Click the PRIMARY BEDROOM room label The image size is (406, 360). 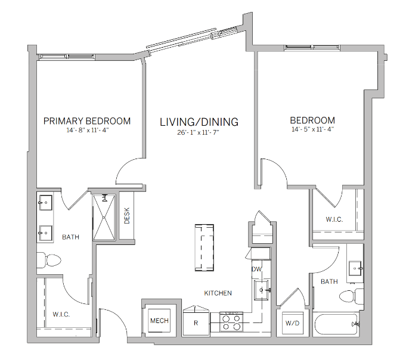pyautogui.click(x=87, y=121)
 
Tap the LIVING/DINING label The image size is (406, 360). pyautogui.click(x=199, y=122)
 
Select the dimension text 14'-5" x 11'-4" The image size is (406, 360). pyautogui.click(x=313, y=129)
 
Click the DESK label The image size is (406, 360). pyautogui.click(x=127, y=215)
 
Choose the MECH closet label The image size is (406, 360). pyautogui.click(x=159, y=321)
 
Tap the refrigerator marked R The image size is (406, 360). pyautogui.click(x=196, y=322)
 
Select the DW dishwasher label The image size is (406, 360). pyautogui.click(x=257, y=269)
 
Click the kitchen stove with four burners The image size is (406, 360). pyautogui.click(x=231, y=322)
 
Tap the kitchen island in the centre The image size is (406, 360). pyautogui.click(x=206, y=246)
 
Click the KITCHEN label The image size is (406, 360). pyautogui.click(x=218, y=293)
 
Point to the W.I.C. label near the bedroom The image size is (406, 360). pyautogui.click(x=334, y=219)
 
